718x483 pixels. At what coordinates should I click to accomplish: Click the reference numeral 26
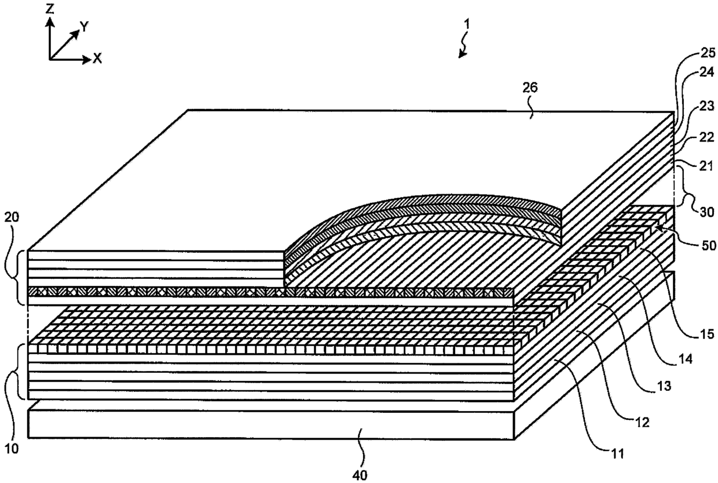pyautogui.click(x=530, y=88)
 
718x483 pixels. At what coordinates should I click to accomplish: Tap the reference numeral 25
pyautogui.click(x=706, y=53)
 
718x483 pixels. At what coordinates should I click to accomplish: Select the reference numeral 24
pyautogui.click(x=706, y=73)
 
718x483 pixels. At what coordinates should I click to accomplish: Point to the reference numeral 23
pyautogui.click(x=706, y=106)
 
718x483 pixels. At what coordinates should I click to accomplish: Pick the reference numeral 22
pyautogui.click(x=706, y=137)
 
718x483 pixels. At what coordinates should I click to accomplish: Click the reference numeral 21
pyautogui.click(x=706, y=166)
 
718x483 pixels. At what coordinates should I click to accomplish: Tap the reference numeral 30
pyautogui.click(x=707, y=212)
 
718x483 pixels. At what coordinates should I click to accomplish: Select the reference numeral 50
pyautogui.click(x=707, y=245)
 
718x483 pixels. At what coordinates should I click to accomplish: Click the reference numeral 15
pyautogui.click(x=706, y=334)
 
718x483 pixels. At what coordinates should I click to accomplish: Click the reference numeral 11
pyautogui.click(x=617, y=454)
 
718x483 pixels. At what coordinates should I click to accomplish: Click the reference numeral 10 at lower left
pyautogui.click(x=12, y=449)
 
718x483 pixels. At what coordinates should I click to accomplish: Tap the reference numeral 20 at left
pyautogui.click(x=12, y=217)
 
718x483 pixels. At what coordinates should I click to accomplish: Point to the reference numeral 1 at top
pyautogui.click(x=467, y=24)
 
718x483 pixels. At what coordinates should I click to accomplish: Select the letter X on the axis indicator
pyautogui.click(x=97, y=59)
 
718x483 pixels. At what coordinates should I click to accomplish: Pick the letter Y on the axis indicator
pyautogui.click(x=85, y=27)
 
